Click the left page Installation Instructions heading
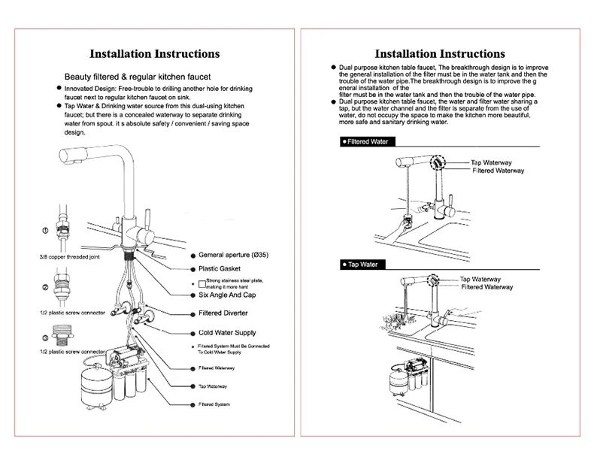155,54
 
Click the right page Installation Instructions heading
440,54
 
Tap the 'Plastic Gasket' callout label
219,268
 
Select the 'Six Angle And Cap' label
228,297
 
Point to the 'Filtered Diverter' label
226,313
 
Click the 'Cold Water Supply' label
227,332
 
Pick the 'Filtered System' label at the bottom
214,405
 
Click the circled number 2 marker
46,288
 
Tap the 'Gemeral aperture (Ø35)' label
233,255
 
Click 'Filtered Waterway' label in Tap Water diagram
486,287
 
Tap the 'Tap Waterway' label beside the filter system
213,386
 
